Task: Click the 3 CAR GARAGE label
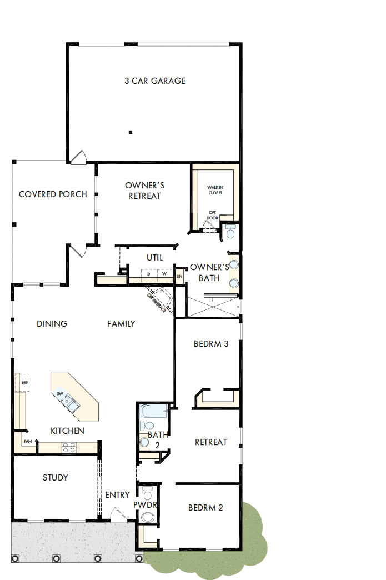[x=154, y=81]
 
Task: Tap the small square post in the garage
[x=130, y=132]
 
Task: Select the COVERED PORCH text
[x=53, y=194]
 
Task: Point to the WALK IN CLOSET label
[x=215, y=190]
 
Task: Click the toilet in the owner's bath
[x=230, y=231]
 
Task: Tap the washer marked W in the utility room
[x=165, y=274]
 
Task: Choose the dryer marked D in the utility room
[x=149, y=274]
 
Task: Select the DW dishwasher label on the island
[x=59, y=394]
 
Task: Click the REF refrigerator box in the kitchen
[x=25, y=383]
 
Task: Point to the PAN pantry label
[x=27, y=442]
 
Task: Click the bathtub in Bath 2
[x=153, y=412]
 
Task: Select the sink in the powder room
[x=147, y=517]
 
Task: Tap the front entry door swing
[x=119, y=514]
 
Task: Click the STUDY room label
[x=56, y=477]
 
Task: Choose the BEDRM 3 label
[x=211, y=344]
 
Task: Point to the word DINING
[x=52, y=324]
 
